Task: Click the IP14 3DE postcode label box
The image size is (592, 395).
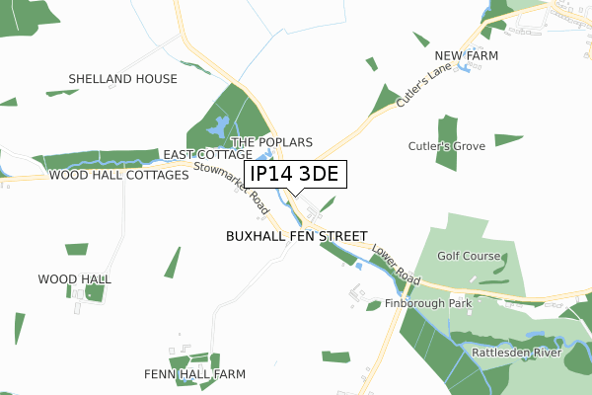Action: [x=295, y=175]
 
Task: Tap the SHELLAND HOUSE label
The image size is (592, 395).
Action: [x=123, y=79]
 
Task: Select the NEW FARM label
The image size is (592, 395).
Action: [x=467, y=56]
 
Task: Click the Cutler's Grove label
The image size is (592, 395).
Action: [x=447, y=146]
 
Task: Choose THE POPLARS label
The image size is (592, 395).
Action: [x=271, y=142]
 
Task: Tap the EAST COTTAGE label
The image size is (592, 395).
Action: [x=208, y=155]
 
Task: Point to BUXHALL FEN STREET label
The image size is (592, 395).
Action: [x=296, y=237]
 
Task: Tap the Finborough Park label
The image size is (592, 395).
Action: [x=428, y=303]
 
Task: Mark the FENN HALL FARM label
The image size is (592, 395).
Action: [x=194, y=374]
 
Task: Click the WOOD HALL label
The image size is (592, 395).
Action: [x=74, y=279]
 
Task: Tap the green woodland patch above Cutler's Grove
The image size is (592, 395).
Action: [x=447, y=127]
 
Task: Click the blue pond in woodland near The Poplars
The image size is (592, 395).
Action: [x=219, y=125]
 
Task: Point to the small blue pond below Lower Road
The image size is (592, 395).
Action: [x=358, y=265]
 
